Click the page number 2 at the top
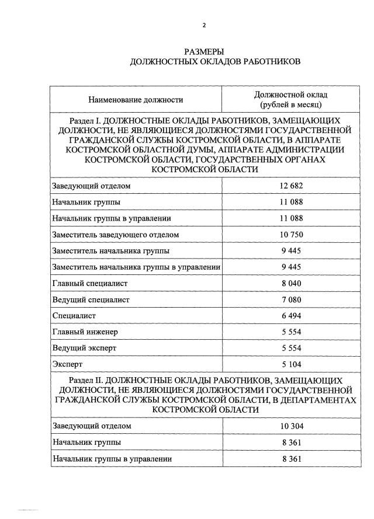coord(205,25)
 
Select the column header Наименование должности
coord(136,100)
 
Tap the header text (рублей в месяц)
coord(291,105)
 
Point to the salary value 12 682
coord(291,186)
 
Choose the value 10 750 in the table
coord(291,235)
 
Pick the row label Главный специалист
coord(90,283)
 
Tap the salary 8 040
coord(291,283)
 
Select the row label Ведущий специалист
coord(91,299)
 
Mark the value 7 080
coord(291,299)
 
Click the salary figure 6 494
coord(291,316)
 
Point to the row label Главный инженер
coord(85,332)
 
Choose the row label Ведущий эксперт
coord(85,348)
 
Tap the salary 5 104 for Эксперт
coord(291,364)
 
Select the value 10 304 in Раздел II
coord(291,426)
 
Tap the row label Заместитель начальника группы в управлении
coord(136,267)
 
